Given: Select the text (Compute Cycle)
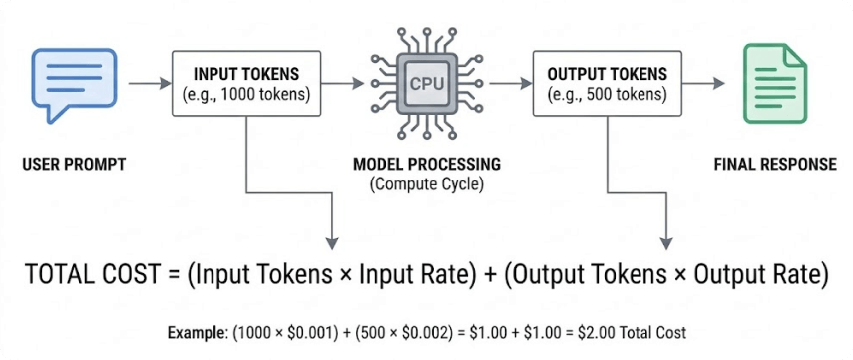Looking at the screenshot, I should click(x=426, y=184).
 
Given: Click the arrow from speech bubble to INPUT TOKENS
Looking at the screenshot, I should click(x=150, y=84).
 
